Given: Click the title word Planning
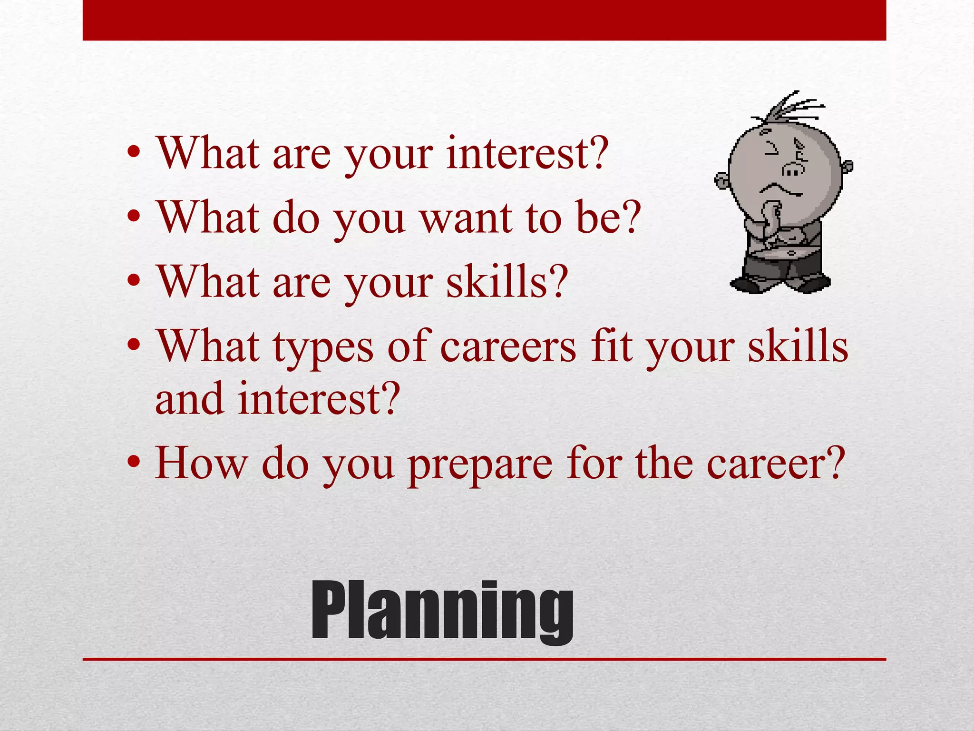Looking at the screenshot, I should pyautogui.click(x=442, y=612).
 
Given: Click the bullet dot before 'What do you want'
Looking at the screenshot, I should pyautogui.click(x=134, y=217).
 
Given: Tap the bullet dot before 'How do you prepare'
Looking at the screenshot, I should pyautogui.click(x=134, y=462).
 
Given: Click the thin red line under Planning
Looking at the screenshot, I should pyautogui.click(x=484, y=659).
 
